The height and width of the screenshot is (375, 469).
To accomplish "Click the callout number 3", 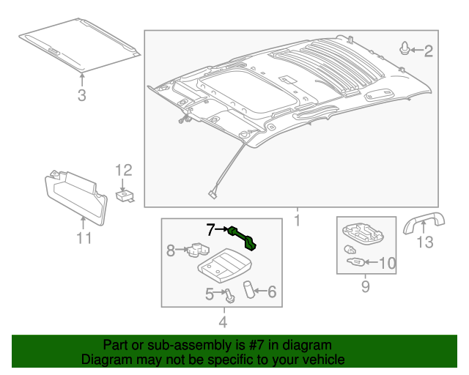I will click(x=81, y=94).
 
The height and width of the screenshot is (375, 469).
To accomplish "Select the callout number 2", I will click(x=429, y=51).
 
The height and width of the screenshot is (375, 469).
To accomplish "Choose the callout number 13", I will click(x=425, y=242).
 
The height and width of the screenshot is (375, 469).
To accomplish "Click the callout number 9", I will click(x=365, y=287).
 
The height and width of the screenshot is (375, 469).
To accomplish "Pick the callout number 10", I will click(x=387, y=263).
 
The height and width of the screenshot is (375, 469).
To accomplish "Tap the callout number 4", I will click(x=222, y=321).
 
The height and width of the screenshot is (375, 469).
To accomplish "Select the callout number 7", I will click(x=210, y=229).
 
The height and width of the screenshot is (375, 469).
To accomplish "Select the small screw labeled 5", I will click(x=230, y=296).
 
